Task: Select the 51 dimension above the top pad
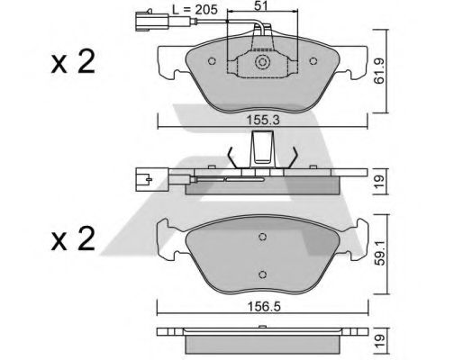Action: coord(262,10)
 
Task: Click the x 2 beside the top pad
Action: coord(74,63)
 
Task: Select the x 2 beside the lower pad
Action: coord(74,241)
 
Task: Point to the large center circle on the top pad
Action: coord(262,63)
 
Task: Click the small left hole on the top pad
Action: coord(212,63)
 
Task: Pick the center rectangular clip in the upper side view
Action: coord(262,148)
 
